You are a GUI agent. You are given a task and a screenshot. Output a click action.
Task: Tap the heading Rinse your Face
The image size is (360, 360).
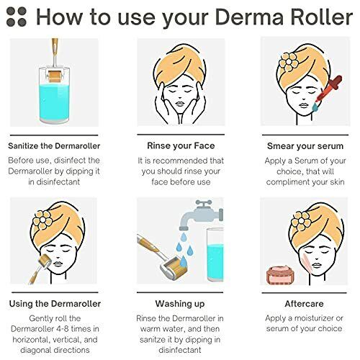pyautogui.click(x=179, y=143)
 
